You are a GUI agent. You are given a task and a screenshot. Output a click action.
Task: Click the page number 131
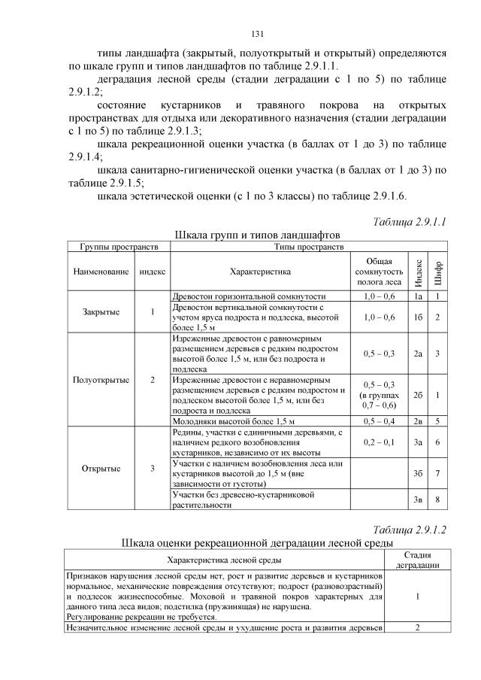pyautogui.click(x=256, y=34)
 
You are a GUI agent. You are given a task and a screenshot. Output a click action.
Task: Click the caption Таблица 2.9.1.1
pyautogui.click(x=410, y=222)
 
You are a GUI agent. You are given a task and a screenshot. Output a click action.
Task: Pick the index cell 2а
pyautogui.click(x=419, y=354)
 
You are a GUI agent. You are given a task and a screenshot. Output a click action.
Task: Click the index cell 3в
pyautogui.click(x=419, y=500)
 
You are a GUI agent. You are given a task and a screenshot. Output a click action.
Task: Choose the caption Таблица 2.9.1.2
pyautogui.click(x=410, y=530)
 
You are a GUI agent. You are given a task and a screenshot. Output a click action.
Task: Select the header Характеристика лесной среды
pyautogui.click(x=225, y=560)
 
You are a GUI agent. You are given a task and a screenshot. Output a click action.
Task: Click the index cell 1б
pyautogui.click(x=419, y=317)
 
